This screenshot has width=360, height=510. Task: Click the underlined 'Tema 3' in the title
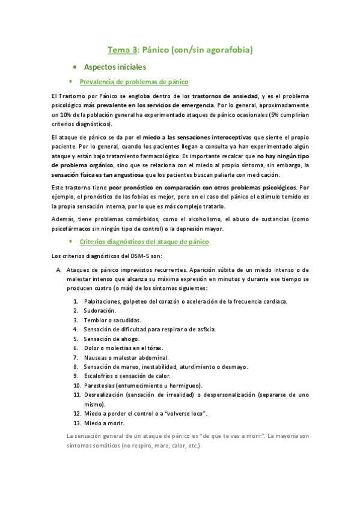pyautogui.click(x=123, y=51)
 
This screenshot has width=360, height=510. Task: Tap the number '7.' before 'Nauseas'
pyautogui.click(x=76, y=357)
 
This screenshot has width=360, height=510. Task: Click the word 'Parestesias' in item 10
pyautogui.click(x=102, y=385)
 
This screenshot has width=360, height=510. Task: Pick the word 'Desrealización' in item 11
pyautogui.click(x=105, y=395)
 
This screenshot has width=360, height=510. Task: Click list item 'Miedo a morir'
pyautogui.click(x=104, y=422)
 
